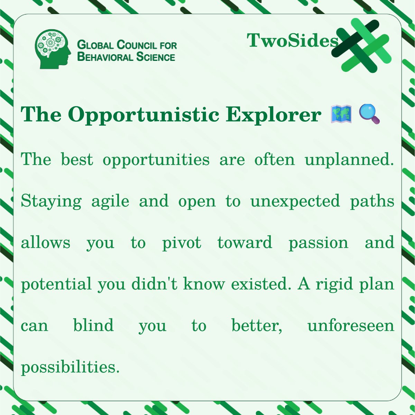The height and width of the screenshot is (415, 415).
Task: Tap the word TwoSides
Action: click(x=292, y=41)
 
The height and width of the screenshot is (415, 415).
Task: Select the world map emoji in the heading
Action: click(x=341, y=114)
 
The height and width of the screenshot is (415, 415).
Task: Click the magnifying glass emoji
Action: click(x=369, y=114)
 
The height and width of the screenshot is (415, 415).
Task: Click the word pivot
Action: click(x=182, y=243)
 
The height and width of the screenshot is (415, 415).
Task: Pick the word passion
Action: click(x=318, y=243)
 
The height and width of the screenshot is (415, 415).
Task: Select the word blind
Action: click(x=93, y=325)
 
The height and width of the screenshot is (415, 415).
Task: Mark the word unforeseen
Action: click(x=351, y=325)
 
